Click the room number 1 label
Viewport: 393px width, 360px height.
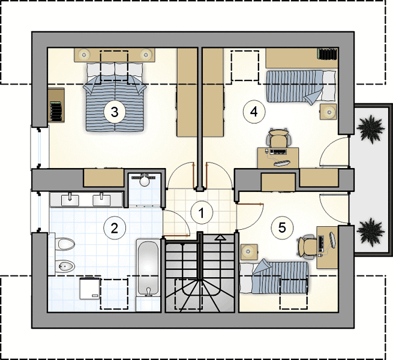[202, 213]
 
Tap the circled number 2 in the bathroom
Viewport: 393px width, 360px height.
[115, 229]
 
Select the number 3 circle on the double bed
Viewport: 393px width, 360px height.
[115, 112]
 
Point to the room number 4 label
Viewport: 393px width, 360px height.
[254, 112]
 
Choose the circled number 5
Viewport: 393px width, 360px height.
[282, 228]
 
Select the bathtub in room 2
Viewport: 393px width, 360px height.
[148, 268]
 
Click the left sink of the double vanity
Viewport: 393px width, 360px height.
[70, 200]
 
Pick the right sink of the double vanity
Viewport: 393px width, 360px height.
[101, 200]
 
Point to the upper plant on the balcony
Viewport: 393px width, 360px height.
[370, 129]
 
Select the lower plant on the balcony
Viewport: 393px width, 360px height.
[370, 231]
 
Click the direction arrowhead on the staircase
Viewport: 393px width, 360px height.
[220, 237]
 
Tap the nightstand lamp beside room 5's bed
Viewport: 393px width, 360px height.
[250, 251]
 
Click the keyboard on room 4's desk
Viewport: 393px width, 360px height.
[278, 152]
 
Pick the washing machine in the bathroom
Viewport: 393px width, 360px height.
[90, 289]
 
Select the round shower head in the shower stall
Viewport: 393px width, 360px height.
[145, 181]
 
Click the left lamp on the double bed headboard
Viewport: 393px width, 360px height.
[84, 54]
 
